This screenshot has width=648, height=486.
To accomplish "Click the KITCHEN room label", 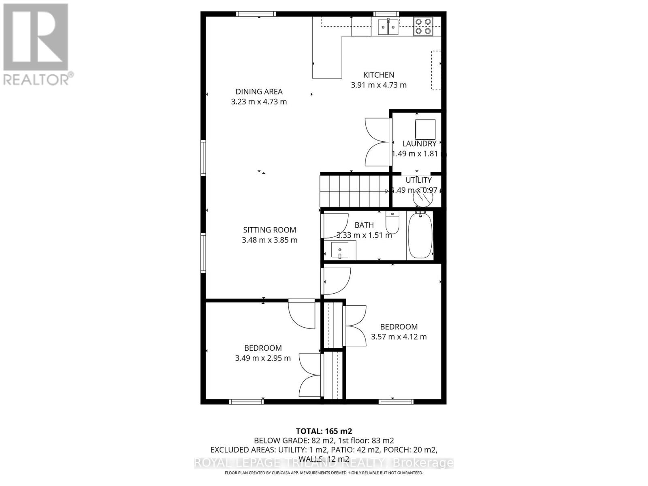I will coord(378,75).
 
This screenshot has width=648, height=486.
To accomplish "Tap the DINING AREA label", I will coord(259,92).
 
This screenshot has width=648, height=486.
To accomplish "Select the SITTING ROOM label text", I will coord(269,230).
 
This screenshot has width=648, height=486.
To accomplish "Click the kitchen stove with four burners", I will coord(423,26).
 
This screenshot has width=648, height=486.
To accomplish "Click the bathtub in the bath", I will coord(420,235).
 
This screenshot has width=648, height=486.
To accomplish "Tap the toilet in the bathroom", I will coord(392,222).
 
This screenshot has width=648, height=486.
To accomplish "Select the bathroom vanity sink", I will coord(340,250).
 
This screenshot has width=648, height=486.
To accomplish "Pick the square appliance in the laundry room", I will coord(425,130).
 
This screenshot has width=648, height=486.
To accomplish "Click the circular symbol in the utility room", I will coord(422,198).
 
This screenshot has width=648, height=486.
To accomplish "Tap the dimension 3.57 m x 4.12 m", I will coord(399,337).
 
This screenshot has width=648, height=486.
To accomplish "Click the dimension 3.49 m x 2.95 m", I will coord(263,358).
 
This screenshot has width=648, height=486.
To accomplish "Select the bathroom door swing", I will coord(335,226).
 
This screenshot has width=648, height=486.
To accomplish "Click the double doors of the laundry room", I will coord(377,142).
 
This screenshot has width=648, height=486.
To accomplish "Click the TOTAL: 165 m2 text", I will coord(324,431).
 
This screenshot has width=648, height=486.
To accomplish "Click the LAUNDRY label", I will coord(419,144).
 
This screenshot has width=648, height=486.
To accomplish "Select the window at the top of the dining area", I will coord(256,14).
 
